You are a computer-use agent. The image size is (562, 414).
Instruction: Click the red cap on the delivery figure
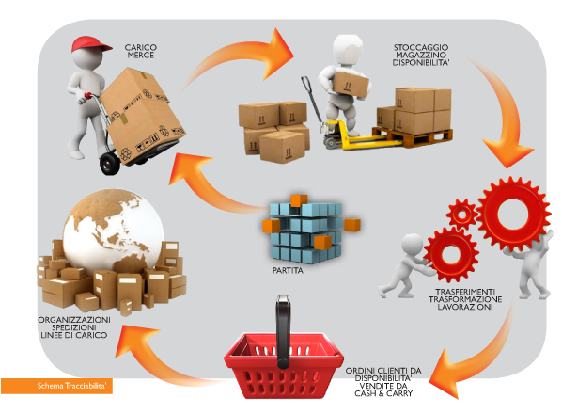pyautogui.click(x=90, y=44)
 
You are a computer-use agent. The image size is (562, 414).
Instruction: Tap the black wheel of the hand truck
pyautogui.click(x=110, y=163)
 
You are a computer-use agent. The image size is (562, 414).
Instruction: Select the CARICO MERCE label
pyautogui.click(x=141, y=52)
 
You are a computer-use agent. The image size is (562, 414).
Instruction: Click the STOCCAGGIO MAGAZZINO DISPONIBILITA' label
pyautogui.click(x=421, y=55)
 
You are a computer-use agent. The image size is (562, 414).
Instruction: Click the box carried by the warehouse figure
pyautogui.click(x=351, y=85)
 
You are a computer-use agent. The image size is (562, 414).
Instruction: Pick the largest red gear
pyautogui.click(x=513, y=214)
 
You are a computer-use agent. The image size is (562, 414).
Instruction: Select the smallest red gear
pyautogui.click(x=462, y=215)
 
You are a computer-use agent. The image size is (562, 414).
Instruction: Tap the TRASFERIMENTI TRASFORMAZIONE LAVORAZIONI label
pyautogui.click(x=465, y=299)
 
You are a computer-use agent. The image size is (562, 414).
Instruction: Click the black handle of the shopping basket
pyautogui.click(x=283, y=332)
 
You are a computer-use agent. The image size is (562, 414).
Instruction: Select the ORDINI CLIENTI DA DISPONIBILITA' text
pyautogui.click(x=383, y=374)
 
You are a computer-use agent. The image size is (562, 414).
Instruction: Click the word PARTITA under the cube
pyautogui.click(x=288, y=270)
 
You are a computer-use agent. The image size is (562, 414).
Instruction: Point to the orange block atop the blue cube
pyautogui.click(x=299, y=200)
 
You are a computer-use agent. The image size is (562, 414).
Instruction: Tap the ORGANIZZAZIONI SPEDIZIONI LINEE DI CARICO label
pyautogui.click(x=74, y=327)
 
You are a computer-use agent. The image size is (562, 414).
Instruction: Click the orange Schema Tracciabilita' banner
pyautogui.click(x=56, y=386)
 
